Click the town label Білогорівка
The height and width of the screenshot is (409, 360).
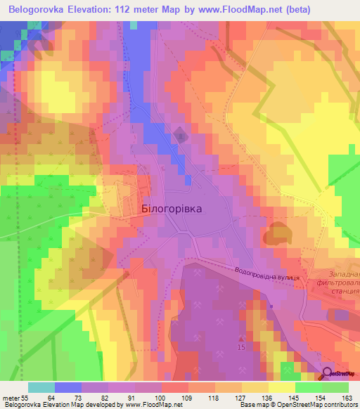coord(172,209)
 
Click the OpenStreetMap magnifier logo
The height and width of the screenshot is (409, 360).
coord(328,372)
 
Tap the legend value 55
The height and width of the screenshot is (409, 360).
coord(24,398)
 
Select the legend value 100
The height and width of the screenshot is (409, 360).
coord(161,398)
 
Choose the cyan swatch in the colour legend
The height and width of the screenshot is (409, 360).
coord(41,387)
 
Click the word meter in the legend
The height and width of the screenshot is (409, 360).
coord(10,398)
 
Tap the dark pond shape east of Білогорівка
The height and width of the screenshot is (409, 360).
coord(277,233)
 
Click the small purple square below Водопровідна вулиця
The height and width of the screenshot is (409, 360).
coord(271,306)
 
